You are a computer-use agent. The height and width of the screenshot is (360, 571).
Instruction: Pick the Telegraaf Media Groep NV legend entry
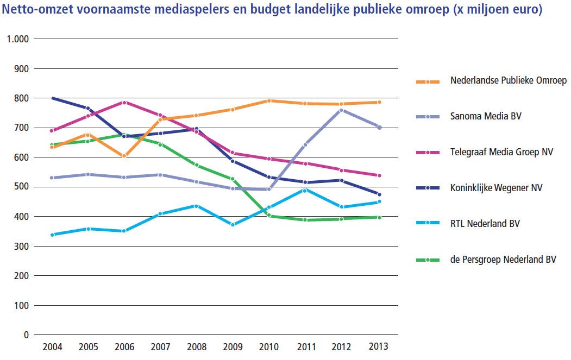point(501,151)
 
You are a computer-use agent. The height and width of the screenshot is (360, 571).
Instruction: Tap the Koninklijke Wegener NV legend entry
point(496,187)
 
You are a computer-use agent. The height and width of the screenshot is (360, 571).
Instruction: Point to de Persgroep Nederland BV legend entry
point(503,259)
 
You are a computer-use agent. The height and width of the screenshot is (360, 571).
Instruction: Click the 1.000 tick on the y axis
point(17,39)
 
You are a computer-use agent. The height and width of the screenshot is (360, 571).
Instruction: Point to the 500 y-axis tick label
point(21,187)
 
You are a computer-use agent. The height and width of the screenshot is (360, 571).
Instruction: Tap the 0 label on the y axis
point(26,335)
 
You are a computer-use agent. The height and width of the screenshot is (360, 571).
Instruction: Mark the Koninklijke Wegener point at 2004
point(53,98)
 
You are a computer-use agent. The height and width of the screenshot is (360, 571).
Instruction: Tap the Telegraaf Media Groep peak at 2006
point(124,103)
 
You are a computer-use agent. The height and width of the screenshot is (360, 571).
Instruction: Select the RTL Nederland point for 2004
point(52,235)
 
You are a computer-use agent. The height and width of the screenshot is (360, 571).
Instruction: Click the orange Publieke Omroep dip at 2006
point(124,156)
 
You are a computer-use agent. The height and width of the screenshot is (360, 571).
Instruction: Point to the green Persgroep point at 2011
point(305,220)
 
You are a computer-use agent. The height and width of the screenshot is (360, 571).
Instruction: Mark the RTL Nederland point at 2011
point(305,190)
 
